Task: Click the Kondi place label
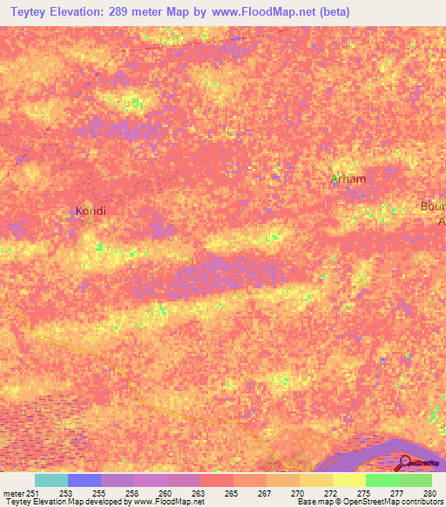(x=91, y=211)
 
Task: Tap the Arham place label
(x=348, y=179)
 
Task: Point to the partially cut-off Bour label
(x=433, y=206)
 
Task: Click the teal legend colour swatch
(x=51, y=480)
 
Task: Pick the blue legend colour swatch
(x=84, y=480)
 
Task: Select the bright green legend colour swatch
(x=382, y=480)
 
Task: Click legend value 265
(x=231, y=492)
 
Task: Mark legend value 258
(x=132, y=492)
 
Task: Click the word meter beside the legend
(x=13, y=492)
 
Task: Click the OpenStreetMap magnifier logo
(x=403, y=463)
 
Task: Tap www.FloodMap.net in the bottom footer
(x=167, y=503)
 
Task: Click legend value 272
(x=331, y=492)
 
